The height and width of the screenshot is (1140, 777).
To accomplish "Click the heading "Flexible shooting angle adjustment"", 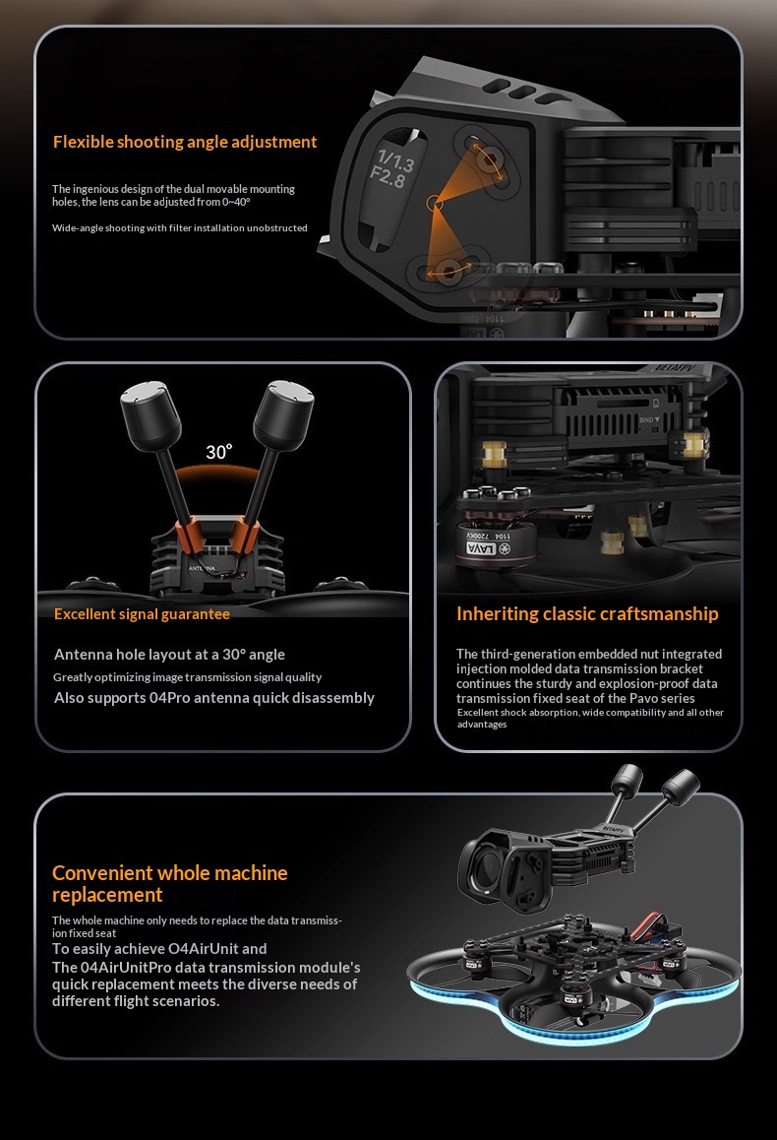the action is [x=185, y=142].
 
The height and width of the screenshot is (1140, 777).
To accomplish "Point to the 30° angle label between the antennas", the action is [x=218, y=452].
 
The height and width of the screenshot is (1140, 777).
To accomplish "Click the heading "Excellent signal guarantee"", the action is [x=142, y=614].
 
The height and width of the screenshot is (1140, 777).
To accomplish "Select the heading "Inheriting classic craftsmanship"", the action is [x=587, y=614].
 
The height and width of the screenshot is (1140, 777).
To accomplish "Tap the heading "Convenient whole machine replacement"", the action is [x=170, y=883].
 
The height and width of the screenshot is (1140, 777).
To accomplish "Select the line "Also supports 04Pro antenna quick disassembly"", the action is [x=214, y=698].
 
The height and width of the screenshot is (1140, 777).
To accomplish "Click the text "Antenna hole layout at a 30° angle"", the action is [x=169, y=655].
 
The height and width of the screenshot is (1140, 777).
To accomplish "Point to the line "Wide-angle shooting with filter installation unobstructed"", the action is [x=179, y=228].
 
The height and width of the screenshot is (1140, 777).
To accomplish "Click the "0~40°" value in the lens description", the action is [x=236, y=202].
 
